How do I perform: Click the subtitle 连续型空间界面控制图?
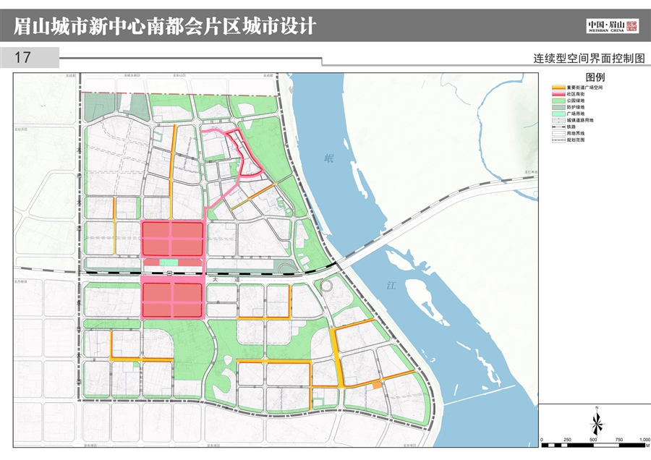pos(589,59)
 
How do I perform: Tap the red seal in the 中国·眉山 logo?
pos(632,26)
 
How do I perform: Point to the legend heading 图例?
pos(595,77)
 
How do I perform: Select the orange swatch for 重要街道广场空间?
pos(558,88)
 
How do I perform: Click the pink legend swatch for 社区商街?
pos(558,94)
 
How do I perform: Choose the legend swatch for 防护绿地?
pos(558,107)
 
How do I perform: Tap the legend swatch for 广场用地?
pos(558,114)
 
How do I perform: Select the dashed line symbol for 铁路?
pos(558,127)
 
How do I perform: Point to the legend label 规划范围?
pos(576,140)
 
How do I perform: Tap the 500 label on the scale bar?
pos(594,440)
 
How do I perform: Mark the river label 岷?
pos(330,158)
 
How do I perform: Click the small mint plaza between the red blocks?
pos(169,263)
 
